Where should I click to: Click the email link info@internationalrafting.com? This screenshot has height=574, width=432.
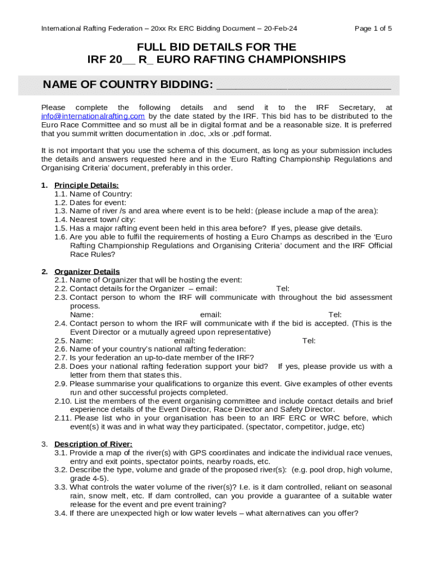click(x=93, y=116)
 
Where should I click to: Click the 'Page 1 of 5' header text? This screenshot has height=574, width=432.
click(x=373, y=29)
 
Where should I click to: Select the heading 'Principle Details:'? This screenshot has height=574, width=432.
click(x=86, y=186)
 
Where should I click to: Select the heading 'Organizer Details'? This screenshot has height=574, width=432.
click(x=87, y=272)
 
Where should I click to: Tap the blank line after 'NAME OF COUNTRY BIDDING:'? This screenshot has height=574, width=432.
click(x=303, y=85)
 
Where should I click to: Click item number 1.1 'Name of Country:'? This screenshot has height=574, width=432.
click(x=93, y=194)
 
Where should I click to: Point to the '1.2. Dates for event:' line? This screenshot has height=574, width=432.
click(x=90, y=202)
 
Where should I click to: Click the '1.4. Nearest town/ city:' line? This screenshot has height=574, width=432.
click(x=95, y=220)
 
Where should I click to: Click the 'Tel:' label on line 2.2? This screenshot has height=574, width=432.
click(x=283, y=289)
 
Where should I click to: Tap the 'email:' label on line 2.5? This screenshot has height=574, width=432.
click(x=185, y=341)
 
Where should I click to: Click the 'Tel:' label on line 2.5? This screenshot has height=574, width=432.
click(x=309, y=341)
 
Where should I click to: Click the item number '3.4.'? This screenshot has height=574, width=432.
click(x=61, y=513)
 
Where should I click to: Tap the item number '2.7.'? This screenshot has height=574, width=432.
click(x=61, y=358)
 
